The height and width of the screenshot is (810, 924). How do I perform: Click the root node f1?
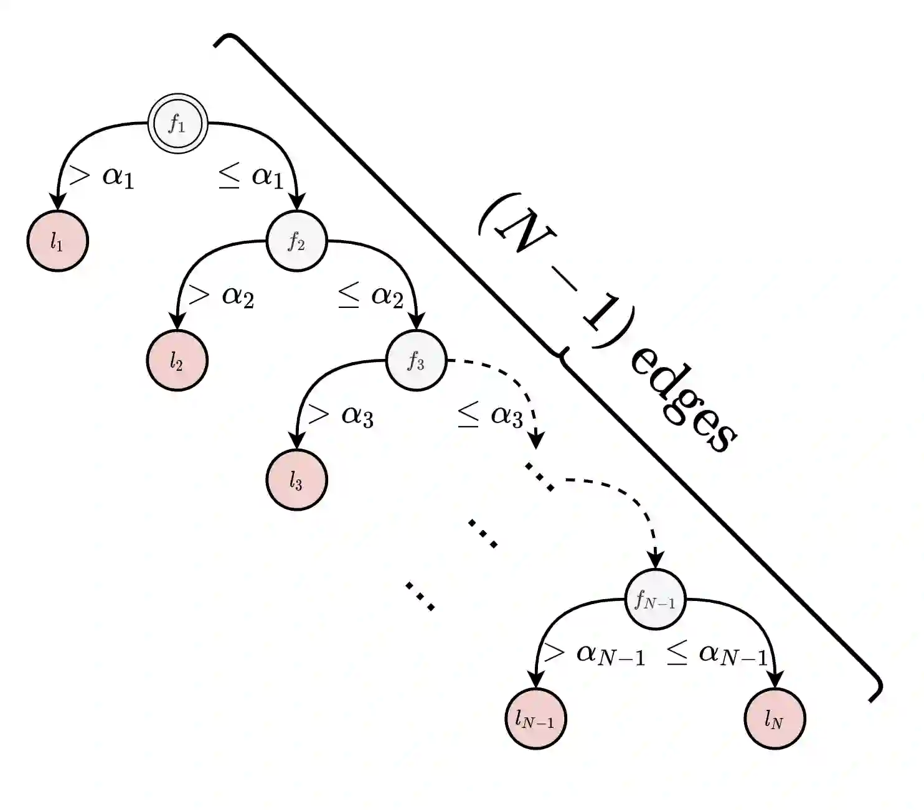click(x=177, y=124)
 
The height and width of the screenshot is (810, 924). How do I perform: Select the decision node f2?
click(x=297, y=241)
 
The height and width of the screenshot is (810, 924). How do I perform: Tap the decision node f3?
click(x=417, y=361)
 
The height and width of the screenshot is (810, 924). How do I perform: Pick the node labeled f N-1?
click(x=655, y=600)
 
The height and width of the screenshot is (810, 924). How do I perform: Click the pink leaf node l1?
click(x=58, y=241)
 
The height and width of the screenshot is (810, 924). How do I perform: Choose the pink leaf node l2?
click(x=177, y=361)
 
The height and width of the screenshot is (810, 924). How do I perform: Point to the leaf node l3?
click(x=296, y=480)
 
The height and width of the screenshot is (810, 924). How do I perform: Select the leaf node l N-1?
click(x=535, y=719)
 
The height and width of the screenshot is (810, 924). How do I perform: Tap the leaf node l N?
click(x=775, y=719)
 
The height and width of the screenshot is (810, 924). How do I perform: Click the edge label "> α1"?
click(x=101, y=176)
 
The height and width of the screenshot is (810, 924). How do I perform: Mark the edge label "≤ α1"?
click(x=250, y=176)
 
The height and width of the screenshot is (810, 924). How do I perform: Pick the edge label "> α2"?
click(x=220, y=295)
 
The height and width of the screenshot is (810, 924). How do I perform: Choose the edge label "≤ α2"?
click(x=370, y=295)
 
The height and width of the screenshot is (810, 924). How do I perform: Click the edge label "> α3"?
click(x=340, y=415)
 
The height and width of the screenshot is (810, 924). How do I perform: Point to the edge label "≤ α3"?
click(x=489, y=415)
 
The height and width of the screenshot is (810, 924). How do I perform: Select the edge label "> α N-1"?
click(x=594, y=654)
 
